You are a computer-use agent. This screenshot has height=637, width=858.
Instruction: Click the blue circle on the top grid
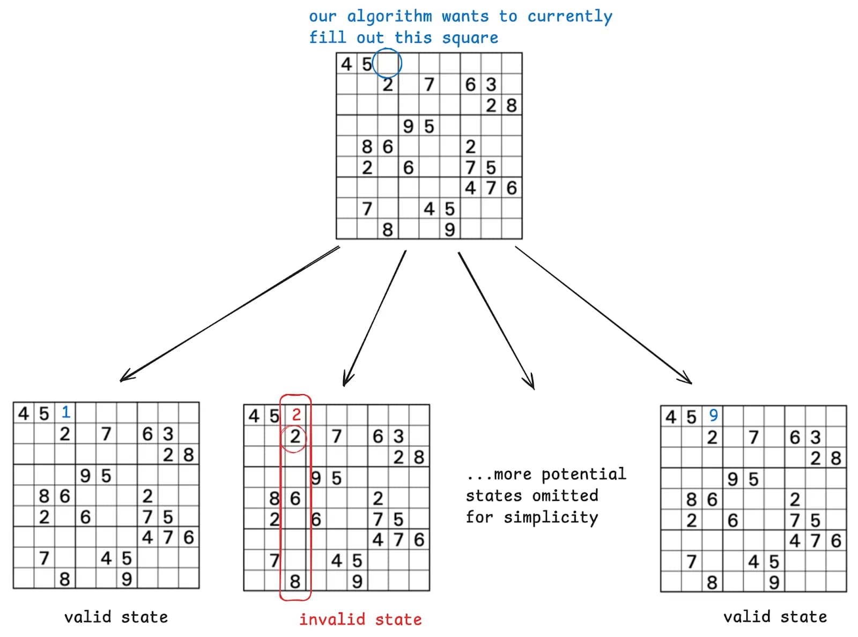tap(387, 63)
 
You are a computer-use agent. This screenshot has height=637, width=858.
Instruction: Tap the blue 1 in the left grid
tap(65, 412)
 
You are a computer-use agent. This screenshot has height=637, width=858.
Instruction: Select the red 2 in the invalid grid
tap(296, 414)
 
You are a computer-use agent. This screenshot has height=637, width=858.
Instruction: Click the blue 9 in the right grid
tap(713, 415)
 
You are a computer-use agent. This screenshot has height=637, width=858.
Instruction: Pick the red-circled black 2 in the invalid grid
tap(295, 436)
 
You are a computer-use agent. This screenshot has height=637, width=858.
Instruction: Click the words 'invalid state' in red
tap(360, 619)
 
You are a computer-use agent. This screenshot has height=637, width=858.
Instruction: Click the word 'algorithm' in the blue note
tap(389, 17)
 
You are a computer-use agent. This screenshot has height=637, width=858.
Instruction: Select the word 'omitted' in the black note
tap(565, 495)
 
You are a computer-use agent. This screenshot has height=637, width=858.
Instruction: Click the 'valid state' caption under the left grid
tap(116, 617)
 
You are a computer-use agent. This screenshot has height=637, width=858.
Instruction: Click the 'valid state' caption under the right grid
tap(775, 617)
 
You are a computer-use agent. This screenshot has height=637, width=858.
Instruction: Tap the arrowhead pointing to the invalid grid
tap(346, 382)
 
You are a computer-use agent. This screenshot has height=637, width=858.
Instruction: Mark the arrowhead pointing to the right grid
tap(688, 381)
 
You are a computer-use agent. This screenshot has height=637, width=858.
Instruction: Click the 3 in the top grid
tap(491, 84)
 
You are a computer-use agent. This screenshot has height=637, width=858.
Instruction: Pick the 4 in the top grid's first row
tap(346, 64)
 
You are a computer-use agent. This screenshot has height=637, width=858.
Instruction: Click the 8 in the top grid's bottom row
tap(387, 229)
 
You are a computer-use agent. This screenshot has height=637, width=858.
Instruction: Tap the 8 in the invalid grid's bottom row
tap(295, 581)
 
